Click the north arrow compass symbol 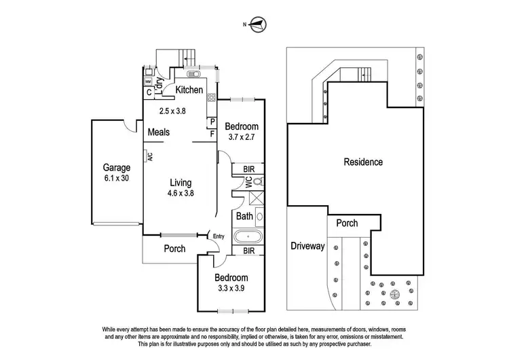pyautogui.click(x=256, y=26)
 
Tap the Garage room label pyautogui.click(x=116, y=167)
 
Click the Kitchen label pyautogui.click(x=189, y=90)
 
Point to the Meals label pyautogui.click(x=158, y=132)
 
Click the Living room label pyautogui.click(x=181, y=183)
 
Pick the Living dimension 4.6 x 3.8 pyautogui.click(x=181, y=193)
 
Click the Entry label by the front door pyautogui.click(x=218, y=236)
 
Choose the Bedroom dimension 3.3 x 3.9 pyautogui.click(x=231, y=288)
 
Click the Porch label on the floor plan pyautogui.click(x=175, y=249)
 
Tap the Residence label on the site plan pyautogui.click(x=363, y=162)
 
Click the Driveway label pyautogui.click(x=307, y=246)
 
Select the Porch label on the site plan pyautogui.click(x=347, y=223)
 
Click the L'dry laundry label pyautogui.click(x=159, y=84)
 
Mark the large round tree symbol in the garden pyautogui.click(x=396, y=295)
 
